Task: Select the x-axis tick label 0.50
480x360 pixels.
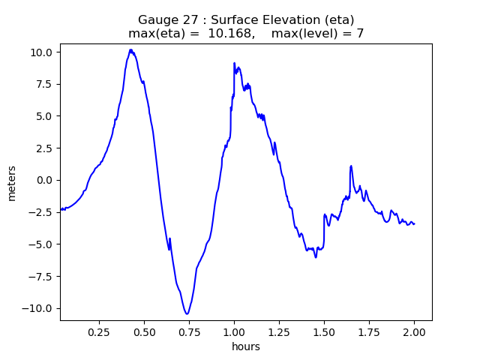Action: click(x=145, y=331)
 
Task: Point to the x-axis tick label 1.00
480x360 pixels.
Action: click(x=235, y=331)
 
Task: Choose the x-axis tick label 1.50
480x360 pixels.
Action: click(x=325, y=331)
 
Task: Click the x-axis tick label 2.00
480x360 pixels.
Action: click(x=415, y=331)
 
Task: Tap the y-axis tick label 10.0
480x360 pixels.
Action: click(x=42, y=52)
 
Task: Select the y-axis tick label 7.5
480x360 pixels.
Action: click(x=45, y=84)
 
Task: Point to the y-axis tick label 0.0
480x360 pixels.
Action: click(x=45, y=180)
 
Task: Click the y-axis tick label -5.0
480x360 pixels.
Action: click(x=42, y=244)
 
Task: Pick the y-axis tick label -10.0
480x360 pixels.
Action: click(x=39, y=308)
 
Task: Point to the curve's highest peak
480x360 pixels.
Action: click(x=130, y=49)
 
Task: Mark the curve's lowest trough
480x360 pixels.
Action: click(x=187, y=313)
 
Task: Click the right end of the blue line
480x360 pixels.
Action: click(x=415, y=223)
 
